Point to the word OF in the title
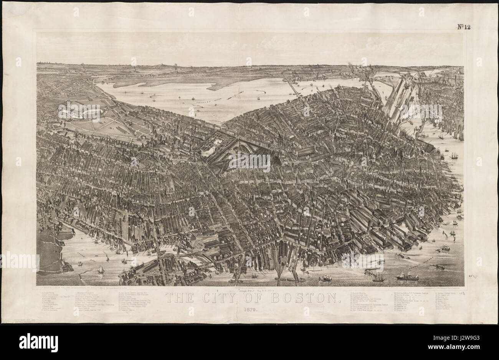coord(258,298)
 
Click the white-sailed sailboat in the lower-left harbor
coord(101,270)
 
